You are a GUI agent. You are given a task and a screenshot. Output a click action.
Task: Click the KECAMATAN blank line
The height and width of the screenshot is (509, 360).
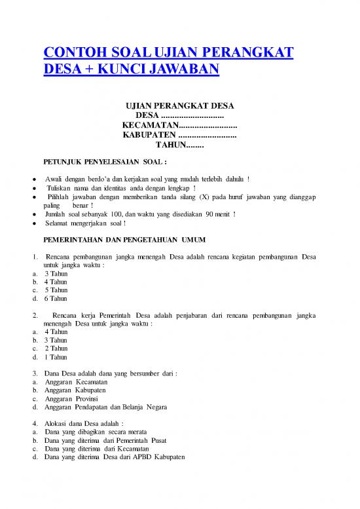point(206,125)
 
